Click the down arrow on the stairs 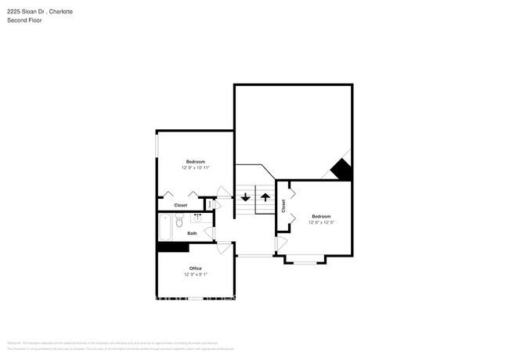[245, 196]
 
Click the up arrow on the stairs [265, 196]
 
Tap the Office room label [196, 268]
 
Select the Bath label [192, 233]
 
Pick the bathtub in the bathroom [164, 229]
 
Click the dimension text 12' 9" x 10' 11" [196, 167]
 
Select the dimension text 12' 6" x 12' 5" [322, 222]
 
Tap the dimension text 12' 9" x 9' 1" [196, 275]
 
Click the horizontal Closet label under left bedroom [181, 205]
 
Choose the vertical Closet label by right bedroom [283, 206]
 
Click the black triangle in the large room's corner [342, 170]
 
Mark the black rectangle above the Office [173, 247]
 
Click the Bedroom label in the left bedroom [196, 161]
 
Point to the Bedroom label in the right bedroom [322, 216]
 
